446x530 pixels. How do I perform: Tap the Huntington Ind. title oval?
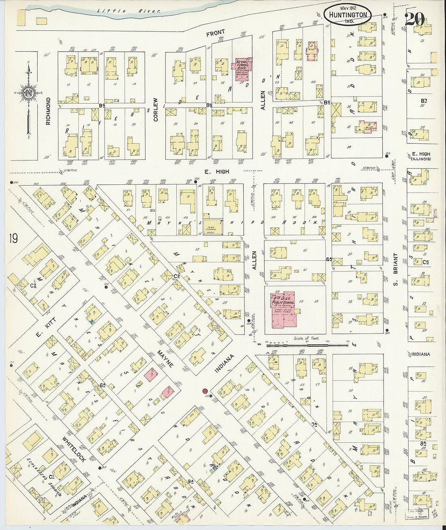click(350, 15)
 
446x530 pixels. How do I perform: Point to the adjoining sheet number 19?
click(13, 238)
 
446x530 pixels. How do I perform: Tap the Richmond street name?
click(48, 110)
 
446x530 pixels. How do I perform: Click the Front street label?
click(215, 34)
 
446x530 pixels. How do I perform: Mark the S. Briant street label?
click(395, 269)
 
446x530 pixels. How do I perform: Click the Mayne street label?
click(165, 359)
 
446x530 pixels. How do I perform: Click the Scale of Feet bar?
click(307, 344)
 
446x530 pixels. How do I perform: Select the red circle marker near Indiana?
click(206, 391)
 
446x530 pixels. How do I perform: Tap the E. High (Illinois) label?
click(420, 156)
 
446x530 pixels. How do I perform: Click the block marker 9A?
click(190, 482)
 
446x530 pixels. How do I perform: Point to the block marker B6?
click(209, 105)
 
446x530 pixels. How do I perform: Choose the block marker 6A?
click(102, 385)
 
